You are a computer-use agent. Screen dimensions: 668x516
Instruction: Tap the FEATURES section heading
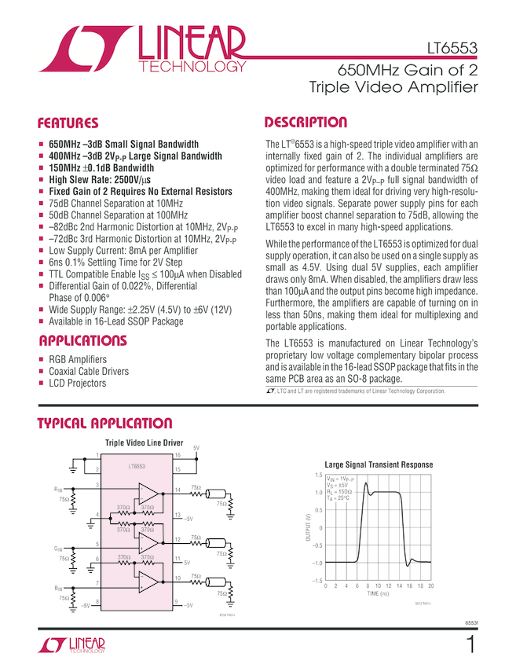pyautogui.click(x=69, y=123)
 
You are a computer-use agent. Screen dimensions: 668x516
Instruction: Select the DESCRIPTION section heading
pyautogui.click(x=306, y=123)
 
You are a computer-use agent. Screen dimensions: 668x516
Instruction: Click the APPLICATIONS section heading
pyautogui.click(x=82, y=341)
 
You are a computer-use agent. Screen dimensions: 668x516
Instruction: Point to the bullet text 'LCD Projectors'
pyautogui.click(x=77, y=383)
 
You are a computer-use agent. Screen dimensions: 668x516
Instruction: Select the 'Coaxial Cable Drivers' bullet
pyautogui.click(x=89, y=371)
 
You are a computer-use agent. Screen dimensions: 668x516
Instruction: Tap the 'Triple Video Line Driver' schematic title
pyautogui.click(x=144, y=443)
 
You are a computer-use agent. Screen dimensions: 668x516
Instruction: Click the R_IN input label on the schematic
pyautogui.click(x=59, y=489)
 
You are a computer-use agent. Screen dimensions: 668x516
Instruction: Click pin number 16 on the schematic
pyautogui.click(x=177, y=456)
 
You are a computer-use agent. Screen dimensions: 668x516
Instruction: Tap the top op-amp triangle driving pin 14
pyautogui.click(x=148, y=494)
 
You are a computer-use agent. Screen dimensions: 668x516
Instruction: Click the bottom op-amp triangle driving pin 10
pyautogui.click(x=148, y=582)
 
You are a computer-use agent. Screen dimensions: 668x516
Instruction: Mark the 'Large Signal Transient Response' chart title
pyautogui.click(x=379, y=464)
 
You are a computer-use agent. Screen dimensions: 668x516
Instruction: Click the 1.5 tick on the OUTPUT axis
pyautogui.click(x=318, y=475)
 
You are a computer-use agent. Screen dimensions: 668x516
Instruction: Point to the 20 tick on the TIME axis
pyautogui.click(x=431, y=586)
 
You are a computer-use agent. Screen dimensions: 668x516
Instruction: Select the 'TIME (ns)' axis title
pyautogui.click(x=379, y=595)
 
